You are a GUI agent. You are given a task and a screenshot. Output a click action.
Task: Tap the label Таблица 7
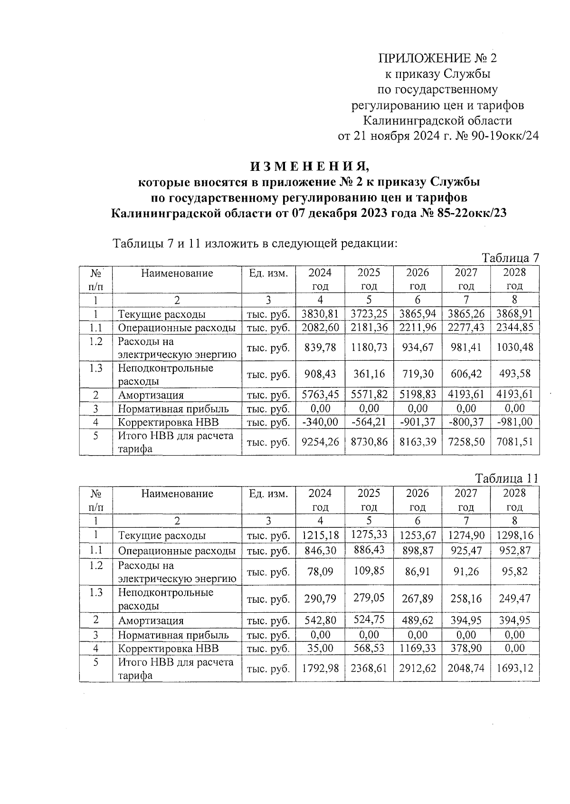click(510, 258)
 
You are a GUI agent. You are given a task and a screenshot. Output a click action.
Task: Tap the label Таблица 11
click(507, 478)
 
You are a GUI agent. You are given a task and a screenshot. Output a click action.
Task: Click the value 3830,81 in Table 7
click(320, 314)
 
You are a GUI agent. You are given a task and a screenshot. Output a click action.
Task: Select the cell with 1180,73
click(369, 347)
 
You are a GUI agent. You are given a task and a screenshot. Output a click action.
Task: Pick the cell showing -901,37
click(418, 422)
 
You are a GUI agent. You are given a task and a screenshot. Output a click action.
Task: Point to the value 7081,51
click(514, 442)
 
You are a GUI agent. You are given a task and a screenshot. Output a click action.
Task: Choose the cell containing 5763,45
click(320, 395)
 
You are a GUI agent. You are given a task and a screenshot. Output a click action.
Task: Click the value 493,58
click(514, 374)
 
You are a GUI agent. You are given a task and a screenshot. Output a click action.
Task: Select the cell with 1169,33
click(418, 648)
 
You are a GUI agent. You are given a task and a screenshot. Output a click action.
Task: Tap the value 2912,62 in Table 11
click(418, 668)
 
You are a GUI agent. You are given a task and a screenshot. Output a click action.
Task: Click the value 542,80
click(320, 620)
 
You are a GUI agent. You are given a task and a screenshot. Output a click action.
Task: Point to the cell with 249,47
click(514, 598)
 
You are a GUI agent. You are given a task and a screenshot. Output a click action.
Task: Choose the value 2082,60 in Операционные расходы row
click(320, 328)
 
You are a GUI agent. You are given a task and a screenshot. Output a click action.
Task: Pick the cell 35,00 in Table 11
click(320, 648)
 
